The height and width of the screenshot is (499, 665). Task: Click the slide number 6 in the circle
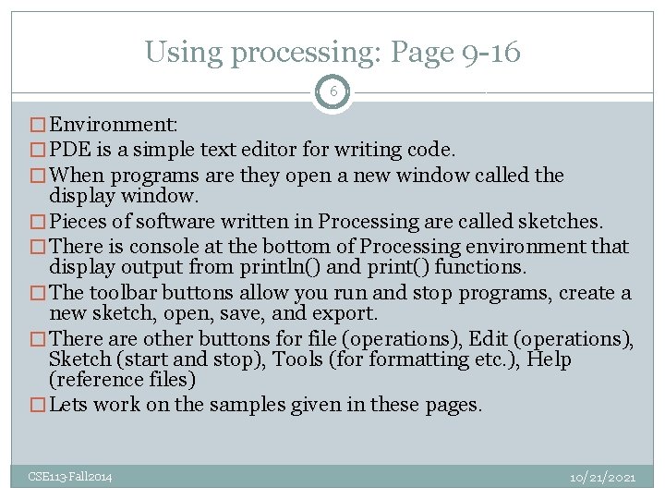click(x=332, y=92)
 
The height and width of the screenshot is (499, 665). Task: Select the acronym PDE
click(x=69, y=150)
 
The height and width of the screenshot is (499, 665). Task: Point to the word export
click(x=349, y=313)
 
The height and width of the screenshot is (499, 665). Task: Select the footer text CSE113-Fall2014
click(x=70, y=477)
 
